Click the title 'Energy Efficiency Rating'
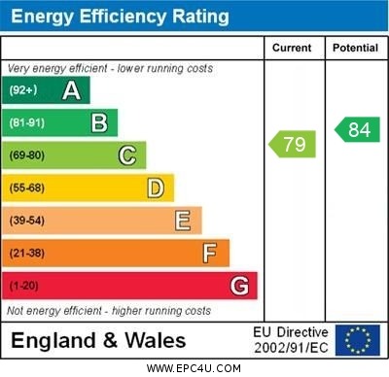point(120,17)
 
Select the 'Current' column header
point(292,48)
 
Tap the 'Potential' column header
point(355,48)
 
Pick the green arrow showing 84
point(357,129)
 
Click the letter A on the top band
point(71,90)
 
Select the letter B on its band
point(99,122)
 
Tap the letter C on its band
point(126,155)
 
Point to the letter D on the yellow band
point(155,188)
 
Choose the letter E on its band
point(182,221)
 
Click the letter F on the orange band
point(209,254)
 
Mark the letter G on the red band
point(238,287)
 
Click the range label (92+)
point(23,90)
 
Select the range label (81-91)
point(26,123)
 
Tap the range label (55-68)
point(26,188)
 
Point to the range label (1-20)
point(23,287)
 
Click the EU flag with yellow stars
point(357,340)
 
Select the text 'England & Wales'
point(98,340)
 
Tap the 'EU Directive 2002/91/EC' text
point(291,340)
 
